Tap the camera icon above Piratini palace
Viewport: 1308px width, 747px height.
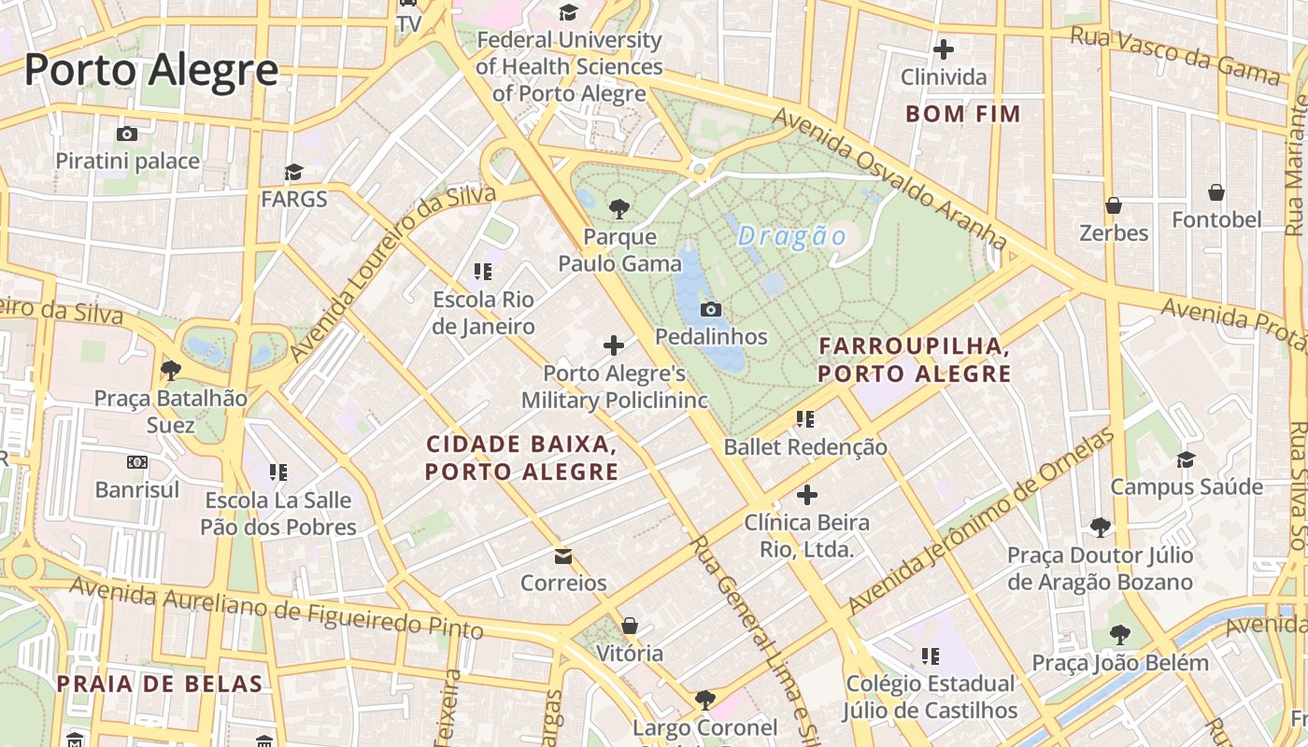[127, 134]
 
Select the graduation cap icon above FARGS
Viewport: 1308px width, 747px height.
[294, 173]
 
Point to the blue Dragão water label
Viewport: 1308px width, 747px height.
[791, 237]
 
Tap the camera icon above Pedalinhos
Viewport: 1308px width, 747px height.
[711, 309]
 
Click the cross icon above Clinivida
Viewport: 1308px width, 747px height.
[944, 49]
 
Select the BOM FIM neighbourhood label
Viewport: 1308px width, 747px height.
[963, 114]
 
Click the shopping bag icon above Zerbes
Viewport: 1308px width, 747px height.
[1114, 205]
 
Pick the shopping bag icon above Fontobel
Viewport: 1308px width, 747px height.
[1216, 193]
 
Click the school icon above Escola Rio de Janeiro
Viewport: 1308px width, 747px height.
[483, 272]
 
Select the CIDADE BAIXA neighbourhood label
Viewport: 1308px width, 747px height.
[521, 458]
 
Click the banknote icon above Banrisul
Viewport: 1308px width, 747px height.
[137, 462]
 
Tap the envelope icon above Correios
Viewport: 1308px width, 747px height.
[563, 557]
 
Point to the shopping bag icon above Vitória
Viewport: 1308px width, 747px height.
[630, 626]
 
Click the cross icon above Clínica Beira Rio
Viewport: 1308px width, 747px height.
[807, 495]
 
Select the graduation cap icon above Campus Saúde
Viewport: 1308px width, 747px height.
[1186, 459]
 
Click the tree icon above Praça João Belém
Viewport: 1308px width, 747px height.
[1119, 635]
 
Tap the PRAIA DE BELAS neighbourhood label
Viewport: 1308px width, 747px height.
[159, 684]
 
